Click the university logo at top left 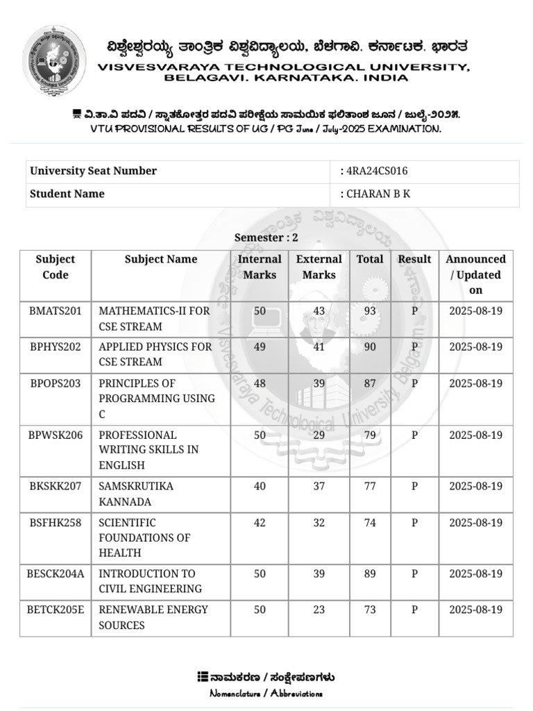pyautogui.click(x=55, y=60)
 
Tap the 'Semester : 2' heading pyautogui.click(x=266, y=237)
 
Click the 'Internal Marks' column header pyautogui.click(x=260, y=267)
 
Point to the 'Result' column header pyautogui.click(x=414, y=260)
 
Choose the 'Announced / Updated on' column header pyautogui.click(x=475, y=275)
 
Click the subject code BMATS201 pyautogui.click(x=56, y=311)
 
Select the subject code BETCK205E pyautogui.click(x=56, y=610)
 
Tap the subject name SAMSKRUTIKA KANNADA pyautogui.click(x=136, y=494)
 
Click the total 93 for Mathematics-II pyautogui.click(x=370, y=311)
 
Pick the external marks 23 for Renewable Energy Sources pyautogui.click(x=319, y=610)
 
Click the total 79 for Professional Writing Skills pyautogui.click(x=370, y=435)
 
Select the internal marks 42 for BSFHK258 pyautogui.click(x=260, y=523)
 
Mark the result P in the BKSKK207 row pyautogui.click(x=414, y=486)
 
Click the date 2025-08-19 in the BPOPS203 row pyautogui.click(x=475, y=383)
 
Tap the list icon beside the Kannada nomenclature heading pyautogui.click(x=203, y=677)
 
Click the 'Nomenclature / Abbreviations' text pyautogui.click(x=266, y=694)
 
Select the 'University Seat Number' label pyautogui.click(x=93, y=172)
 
